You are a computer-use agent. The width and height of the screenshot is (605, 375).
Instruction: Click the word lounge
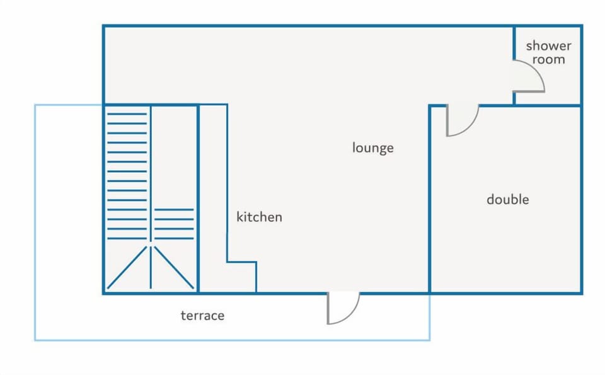pyautogui.click(x=372, y=147)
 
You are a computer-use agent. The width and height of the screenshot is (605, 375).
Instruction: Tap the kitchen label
pyautogui.click(x=259, y=217)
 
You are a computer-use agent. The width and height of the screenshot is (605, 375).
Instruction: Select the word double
pyautogui.click(x=508, y=199)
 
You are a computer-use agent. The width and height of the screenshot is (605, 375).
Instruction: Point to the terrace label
pyautogui.click(x=202, y=316)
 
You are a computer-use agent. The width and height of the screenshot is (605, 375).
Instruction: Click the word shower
pyautogui.click(x=548, y=46)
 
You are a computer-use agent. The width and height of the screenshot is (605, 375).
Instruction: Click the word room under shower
pyautogui.click(x=548, y=60)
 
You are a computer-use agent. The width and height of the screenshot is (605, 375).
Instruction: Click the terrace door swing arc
pyautogui.click(x=351, y=314)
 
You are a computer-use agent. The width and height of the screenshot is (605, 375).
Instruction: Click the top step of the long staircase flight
pyautogui.click(x=127, y=114)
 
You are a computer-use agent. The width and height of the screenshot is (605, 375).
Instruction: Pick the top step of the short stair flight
pyautogui.click(x=174, y=209)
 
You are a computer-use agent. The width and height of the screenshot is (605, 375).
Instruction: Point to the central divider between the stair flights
pyautogui.click(x=151, y=197)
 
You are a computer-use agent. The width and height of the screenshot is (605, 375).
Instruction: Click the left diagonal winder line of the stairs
pyautogui.click(x=127, y=267)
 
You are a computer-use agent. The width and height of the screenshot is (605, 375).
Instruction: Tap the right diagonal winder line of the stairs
pyautogui.click(x=174, y=267)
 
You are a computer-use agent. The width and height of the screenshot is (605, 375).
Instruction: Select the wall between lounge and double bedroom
pyautogui.click(x=429, y=199)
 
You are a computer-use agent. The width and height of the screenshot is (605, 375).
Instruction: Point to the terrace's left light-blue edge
pyautogui.click(x=35, y=222)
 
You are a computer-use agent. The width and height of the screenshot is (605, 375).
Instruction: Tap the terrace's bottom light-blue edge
pyautogui.click(x=233, y=340)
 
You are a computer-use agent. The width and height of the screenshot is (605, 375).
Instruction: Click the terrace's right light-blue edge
pyautogui.click(x=429, y=317)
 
